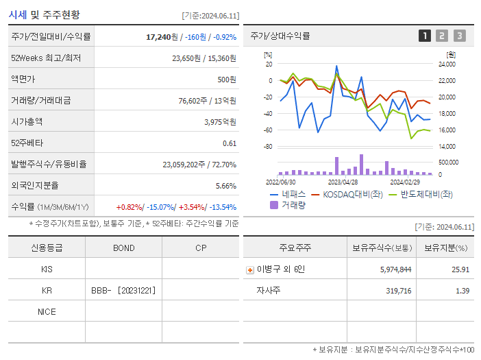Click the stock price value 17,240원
pyautogui.click(x=163, y=36)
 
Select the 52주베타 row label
pyautogui.click(x=26, y=143)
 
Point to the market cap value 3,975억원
pyautogui.click(x=220, y=122)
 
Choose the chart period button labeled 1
pyautogui.click(x=425, y=36)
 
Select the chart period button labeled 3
pyautogui.click(x=459, y=36)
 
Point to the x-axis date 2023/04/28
pyautogui.click(x=343, y=182)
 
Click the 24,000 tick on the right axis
pyautogui.click(x=447, y=64)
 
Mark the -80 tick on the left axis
pyautogui.click(x=268, y=147)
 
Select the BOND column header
pyautogui.click(x=123, y=248)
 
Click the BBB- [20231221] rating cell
pyautogui.click(x=123, y=290)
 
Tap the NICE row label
pyautogui.click(x=47, y=311)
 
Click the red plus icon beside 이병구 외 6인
pyautogui.click(x=250, y=269)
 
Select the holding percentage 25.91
pyautogui.click(x=460, y=269)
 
